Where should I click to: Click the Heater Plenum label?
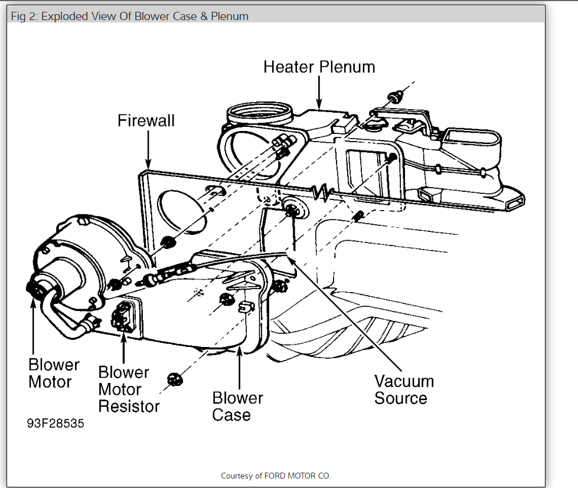pyautogui.click(x=319, y=67)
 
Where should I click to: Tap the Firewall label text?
pyautogui.click(x=146, y=121)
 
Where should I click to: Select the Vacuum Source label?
pyautogui.click(x=403, y=389)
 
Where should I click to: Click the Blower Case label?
pyautogui.click(x=237, y=407)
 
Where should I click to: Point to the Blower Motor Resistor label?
pyautogui.click(x=129, y=389)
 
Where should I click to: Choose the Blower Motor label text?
pyautogui.click(x=54, y=373)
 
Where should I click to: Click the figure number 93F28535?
pyautogui.click(x=55, y=424)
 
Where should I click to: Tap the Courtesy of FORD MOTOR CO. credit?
pyautogui.click(x=276, y=476)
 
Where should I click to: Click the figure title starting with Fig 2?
pyautogui.click(x=130, y=16)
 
